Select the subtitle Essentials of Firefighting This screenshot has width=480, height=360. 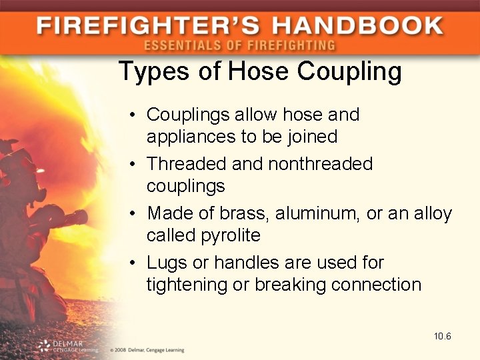tap(239, 45)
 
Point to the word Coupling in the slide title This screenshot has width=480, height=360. tap(349, 71)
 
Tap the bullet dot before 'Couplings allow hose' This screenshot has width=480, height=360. tap(134, 115)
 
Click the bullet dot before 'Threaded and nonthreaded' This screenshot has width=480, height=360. tap(134, 164)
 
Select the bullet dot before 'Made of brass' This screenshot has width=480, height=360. tap(134, 214)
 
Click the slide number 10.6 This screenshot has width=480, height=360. tap(442, 336)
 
